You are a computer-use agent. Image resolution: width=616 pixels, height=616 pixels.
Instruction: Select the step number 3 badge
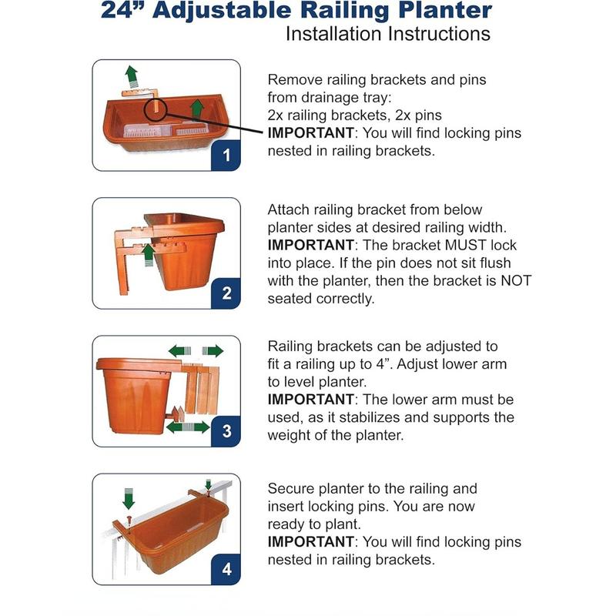coord(226,431)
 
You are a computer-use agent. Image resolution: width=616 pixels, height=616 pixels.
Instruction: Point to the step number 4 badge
coord(226,570)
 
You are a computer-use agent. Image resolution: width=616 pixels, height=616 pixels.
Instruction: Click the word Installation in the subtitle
coord(333,35)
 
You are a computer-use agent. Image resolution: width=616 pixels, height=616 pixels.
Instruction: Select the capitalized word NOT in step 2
coord(515,281)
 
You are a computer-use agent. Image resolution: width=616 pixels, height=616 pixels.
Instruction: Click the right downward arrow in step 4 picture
coord(208,485)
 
